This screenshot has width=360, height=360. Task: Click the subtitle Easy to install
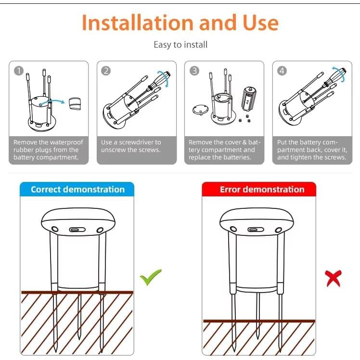tap(180, 45)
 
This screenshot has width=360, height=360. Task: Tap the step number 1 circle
tap(18, 71)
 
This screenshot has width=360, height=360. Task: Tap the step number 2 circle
tap(106, 71)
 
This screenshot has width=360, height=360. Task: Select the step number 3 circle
tap(194, 71)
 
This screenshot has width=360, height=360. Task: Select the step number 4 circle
tap(282, 71)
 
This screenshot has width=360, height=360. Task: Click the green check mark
tap(151, 277)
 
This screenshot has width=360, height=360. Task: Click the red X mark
tap(333, 277)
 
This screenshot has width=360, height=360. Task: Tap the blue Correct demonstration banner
tap(77, 189)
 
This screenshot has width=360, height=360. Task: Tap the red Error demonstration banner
tap(259, 189)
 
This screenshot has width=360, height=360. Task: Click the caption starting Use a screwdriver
tap(131, 146)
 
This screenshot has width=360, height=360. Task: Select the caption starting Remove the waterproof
tap(48, 150)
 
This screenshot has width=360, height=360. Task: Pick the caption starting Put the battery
tap(311, 150)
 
